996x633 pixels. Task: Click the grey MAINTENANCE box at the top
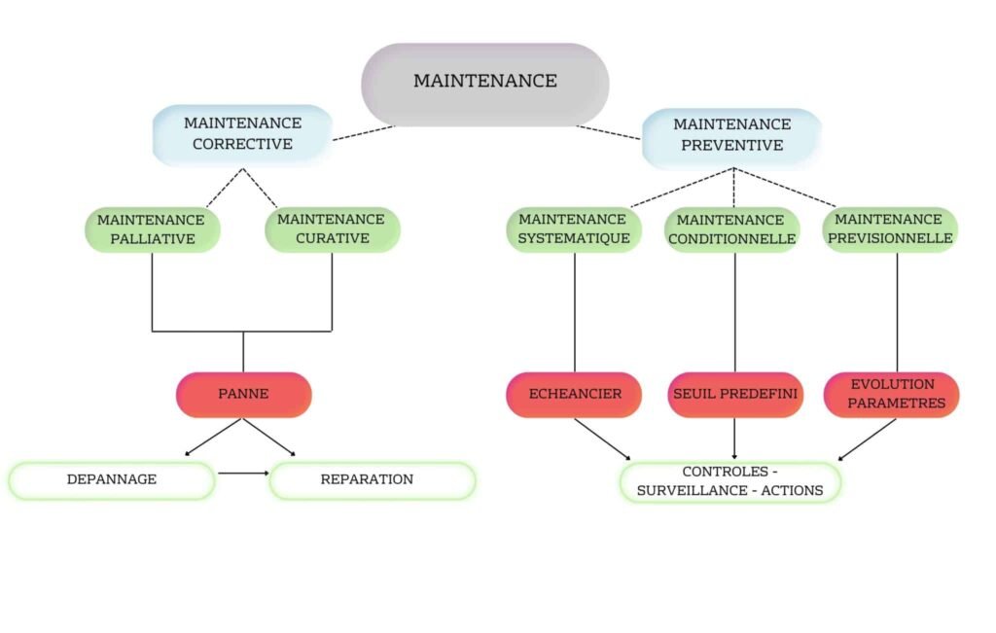(485, 82)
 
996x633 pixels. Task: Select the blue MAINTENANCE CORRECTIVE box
(242, 134)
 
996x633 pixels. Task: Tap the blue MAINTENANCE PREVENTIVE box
(731, 136)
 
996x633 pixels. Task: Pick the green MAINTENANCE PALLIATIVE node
(152, 229)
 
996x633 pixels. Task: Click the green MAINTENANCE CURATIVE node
(332, 229)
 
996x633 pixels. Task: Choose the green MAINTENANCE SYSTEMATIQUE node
(574, 229)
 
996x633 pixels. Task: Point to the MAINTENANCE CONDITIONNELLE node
(734, 230)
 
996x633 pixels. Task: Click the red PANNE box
(243, 395)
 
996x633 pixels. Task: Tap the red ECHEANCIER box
(574, 395)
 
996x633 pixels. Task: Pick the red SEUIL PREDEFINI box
(734, 395)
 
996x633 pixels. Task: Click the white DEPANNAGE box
(111, 480)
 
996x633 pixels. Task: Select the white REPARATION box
(372, 480)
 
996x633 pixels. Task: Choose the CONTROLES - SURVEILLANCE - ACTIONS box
(729, 481)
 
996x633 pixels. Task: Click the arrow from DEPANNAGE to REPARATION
(242, 474)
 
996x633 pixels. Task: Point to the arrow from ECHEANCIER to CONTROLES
(603, 439)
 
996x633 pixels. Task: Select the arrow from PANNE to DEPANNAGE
(214, 437)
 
